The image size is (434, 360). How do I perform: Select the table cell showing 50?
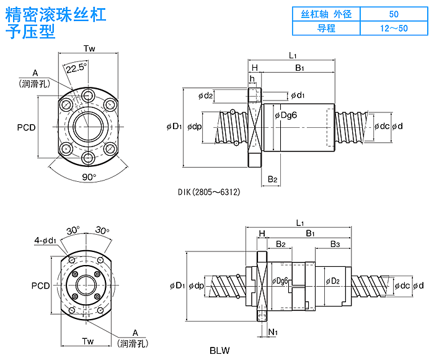coord(394,14)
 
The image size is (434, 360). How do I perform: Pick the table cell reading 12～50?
coord(394,28)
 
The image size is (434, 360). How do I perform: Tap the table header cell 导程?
coord(326,28)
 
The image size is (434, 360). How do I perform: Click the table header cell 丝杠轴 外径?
coord(326,14)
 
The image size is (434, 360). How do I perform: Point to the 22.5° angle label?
coord(77,67)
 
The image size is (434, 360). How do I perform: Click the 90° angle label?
coord(89,177)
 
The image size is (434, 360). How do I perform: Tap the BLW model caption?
coord(219,350)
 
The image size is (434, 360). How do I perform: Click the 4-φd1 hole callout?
coord(45,240)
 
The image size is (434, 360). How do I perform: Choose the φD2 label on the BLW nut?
coord(332,281)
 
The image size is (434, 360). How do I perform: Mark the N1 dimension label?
coord(273,332)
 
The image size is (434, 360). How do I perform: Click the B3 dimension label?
coord(335,244)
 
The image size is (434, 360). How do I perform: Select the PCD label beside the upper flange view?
coord(26,127)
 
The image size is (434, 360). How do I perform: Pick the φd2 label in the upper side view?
coord(206,96)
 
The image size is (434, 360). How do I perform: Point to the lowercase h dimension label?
coord(252,79)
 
